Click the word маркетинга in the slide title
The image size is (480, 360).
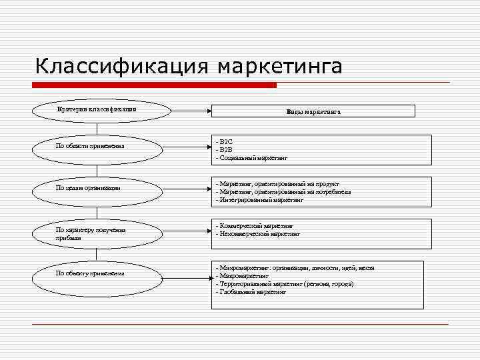[280, 67]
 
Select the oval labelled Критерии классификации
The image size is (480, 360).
[97, 109]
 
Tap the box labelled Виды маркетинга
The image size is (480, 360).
[313, 112]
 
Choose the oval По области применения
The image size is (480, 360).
[97, 146]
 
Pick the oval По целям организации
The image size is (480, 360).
[97, 188]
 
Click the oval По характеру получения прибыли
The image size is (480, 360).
[97, 233]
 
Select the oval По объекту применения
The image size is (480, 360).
[97, 273]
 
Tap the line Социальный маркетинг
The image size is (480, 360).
[252, 159]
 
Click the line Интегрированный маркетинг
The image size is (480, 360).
[260, 199]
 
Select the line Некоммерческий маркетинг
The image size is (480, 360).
[259, 234]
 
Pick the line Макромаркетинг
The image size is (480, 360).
[243, 275]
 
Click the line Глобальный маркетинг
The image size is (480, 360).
[252, 292]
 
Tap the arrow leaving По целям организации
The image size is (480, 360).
[187, 188]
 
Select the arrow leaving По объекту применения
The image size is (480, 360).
[187, 273]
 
